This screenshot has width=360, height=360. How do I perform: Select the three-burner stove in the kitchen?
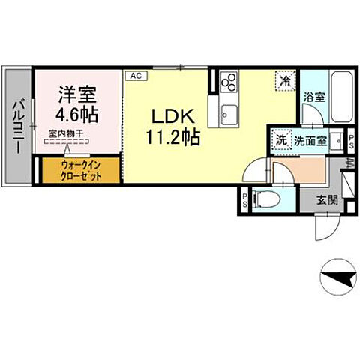229,82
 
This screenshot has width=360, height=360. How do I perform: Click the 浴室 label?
315,97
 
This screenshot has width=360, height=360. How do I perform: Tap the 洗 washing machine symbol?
280,139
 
